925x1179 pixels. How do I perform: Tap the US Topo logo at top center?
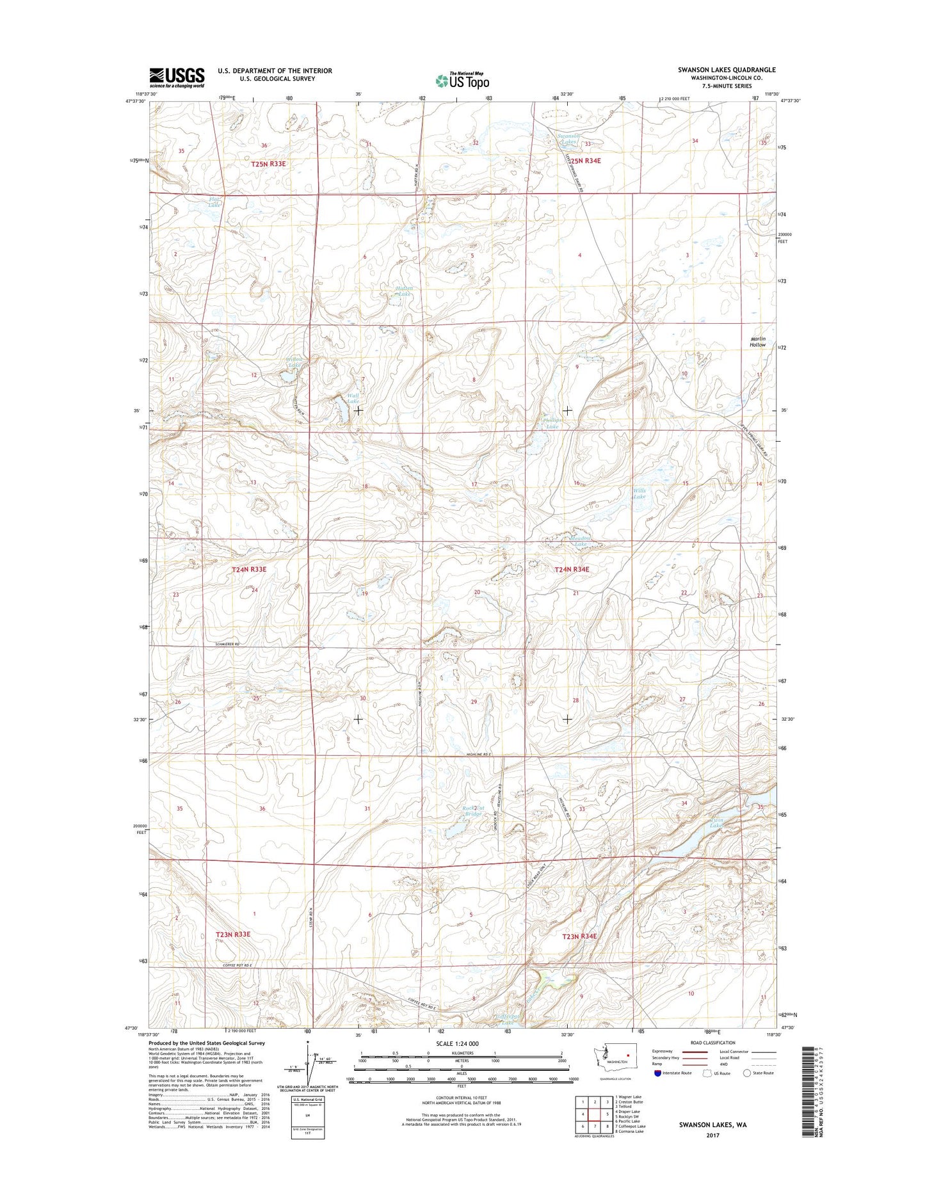(462, 81)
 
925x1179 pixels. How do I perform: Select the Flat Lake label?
(214, 202)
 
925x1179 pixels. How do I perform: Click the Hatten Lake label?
(404, 291)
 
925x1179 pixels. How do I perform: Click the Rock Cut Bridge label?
(472, 810)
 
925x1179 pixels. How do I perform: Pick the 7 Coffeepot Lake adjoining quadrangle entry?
(630, 1126)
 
